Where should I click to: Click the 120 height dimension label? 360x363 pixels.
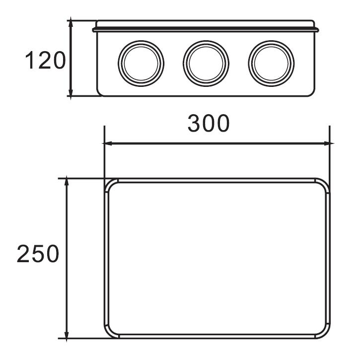pos(45,61)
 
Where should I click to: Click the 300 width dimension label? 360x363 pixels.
pos(209,124)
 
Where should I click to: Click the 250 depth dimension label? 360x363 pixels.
pos(38,254)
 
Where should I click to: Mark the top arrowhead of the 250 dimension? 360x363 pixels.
pos(67,182)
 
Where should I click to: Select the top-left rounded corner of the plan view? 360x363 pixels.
pos(110,184)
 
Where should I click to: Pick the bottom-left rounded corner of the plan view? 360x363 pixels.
pos(110,333)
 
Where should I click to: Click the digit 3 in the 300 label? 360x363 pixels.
pos(194,124)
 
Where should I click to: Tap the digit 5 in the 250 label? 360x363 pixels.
pos(38,254)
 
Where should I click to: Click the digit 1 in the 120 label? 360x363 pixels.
pos(29,61)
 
